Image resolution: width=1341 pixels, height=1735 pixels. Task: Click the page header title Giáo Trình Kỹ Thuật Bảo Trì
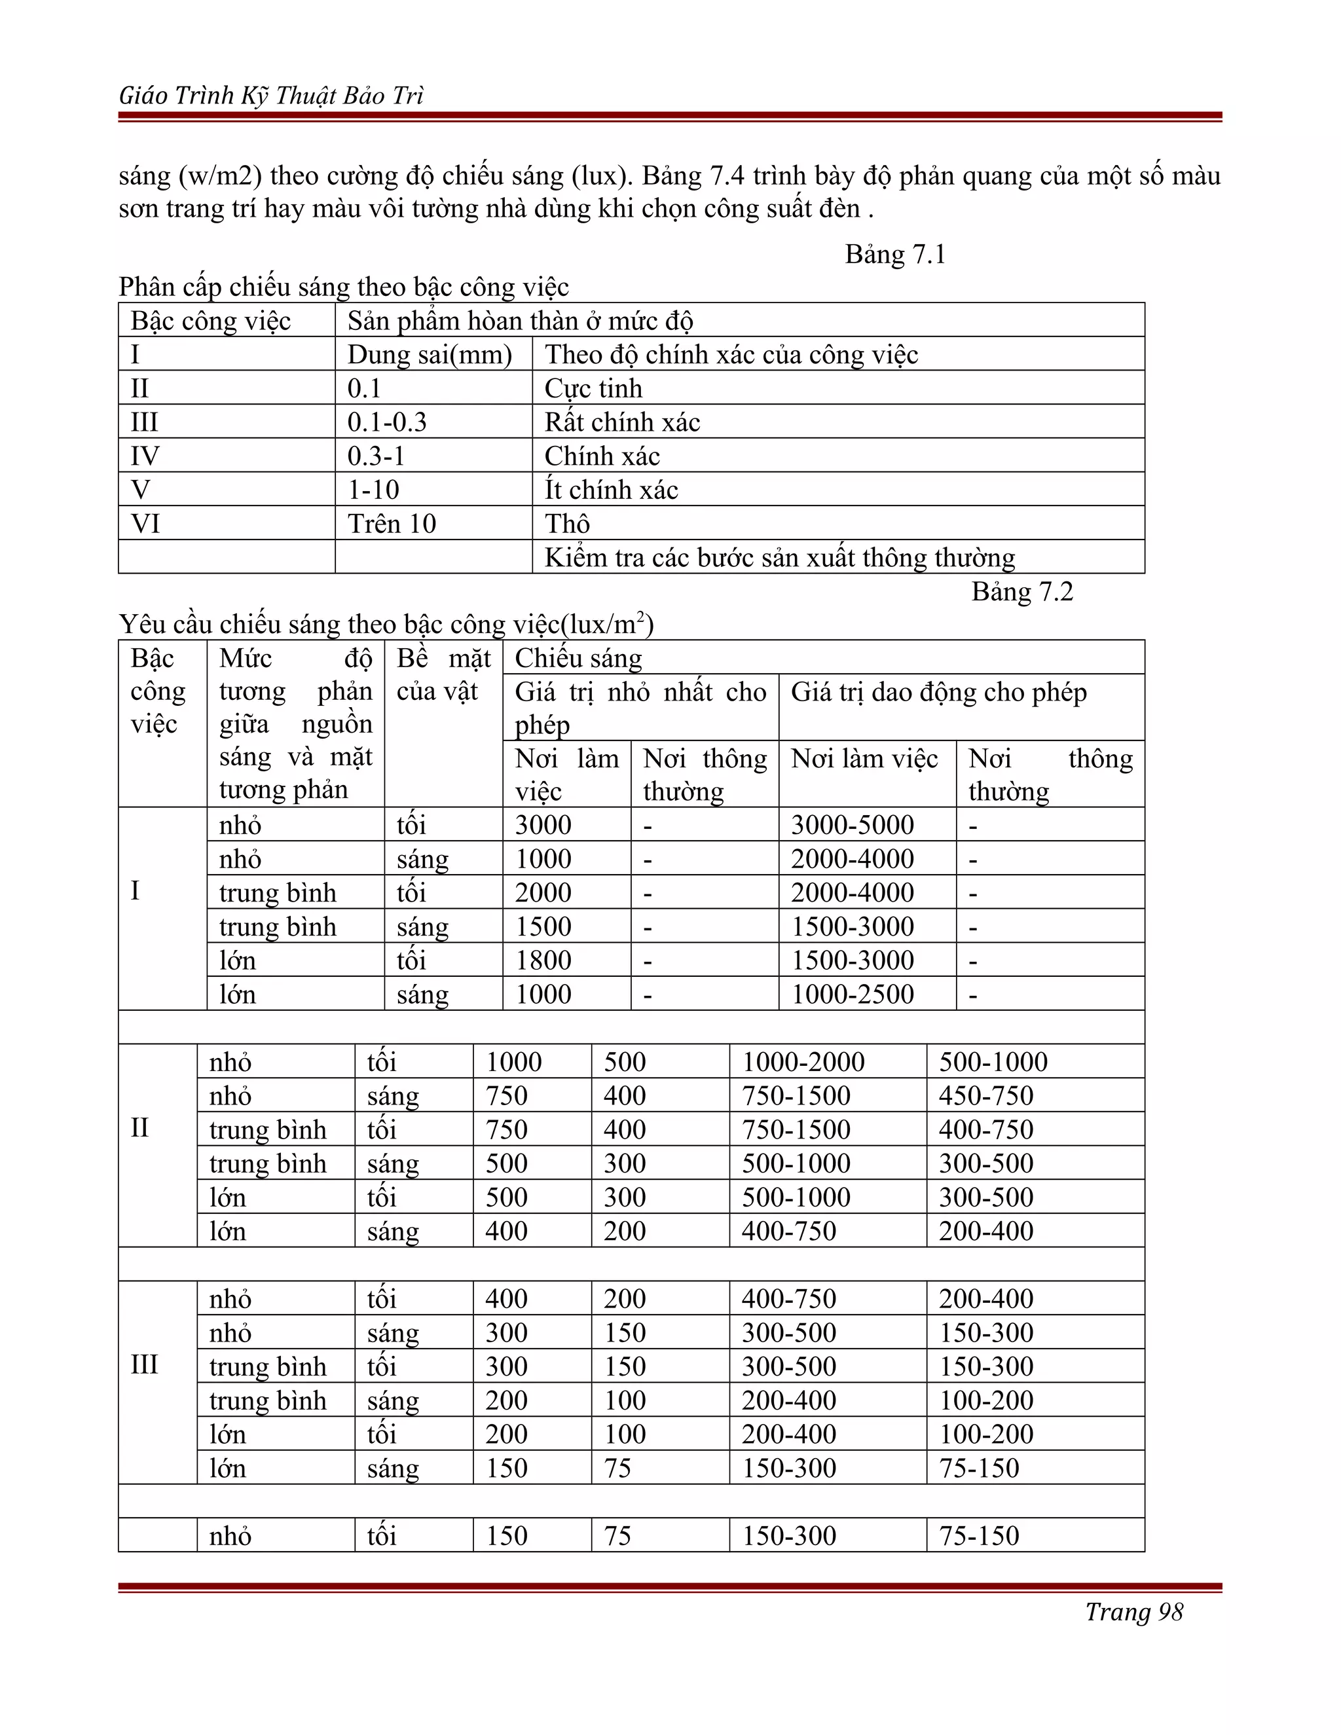(x=271, y=96)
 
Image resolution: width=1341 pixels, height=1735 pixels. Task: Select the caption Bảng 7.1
(x=894, y=254)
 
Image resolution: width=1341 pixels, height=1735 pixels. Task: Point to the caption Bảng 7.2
(x=1021, y=592)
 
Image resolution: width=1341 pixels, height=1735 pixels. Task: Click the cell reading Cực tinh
(x=593, y=388)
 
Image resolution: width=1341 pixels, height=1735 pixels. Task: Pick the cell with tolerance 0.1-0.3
(x=387, y=422)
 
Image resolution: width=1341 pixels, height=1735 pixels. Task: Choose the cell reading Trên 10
(x=392, y=524)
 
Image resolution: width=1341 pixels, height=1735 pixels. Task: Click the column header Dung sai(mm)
(x=429, y=354)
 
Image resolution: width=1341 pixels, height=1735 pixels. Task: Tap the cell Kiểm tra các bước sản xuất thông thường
(x=779, y=558)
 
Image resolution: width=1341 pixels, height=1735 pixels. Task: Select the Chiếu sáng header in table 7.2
(x=578, y=659)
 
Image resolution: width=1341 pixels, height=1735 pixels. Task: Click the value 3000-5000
(x=852, y=826)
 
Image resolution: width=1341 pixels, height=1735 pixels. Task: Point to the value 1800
(x=543, y=960)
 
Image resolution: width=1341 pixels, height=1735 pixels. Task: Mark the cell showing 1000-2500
(x=852, y=995)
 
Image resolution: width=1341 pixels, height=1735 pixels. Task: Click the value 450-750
(x=986, y=1096)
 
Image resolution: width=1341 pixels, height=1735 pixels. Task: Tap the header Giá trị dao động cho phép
(x=938, y=693)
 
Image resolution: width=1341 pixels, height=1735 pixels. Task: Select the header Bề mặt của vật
(x=443, y=675)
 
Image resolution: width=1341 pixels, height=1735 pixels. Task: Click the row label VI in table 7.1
(x=145, y=524)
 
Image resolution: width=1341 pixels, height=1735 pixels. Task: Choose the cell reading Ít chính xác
(x=611, y=490)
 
